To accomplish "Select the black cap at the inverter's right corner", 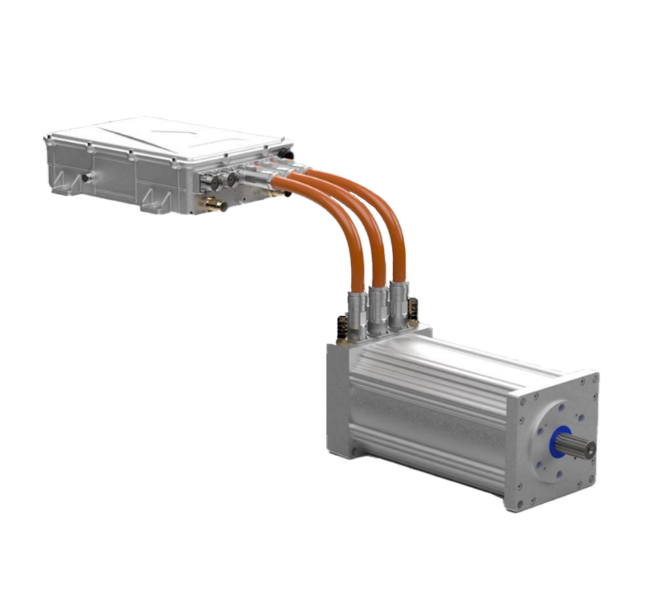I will coord(286,154).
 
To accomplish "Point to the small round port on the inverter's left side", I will coord(86,177).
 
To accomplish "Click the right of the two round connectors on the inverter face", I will coord(231,179).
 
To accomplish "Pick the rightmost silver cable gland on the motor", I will coord(398,304).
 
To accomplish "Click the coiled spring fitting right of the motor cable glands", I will coord(414,309).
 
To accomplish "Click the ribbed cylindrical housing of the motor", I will coord(429,409).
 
